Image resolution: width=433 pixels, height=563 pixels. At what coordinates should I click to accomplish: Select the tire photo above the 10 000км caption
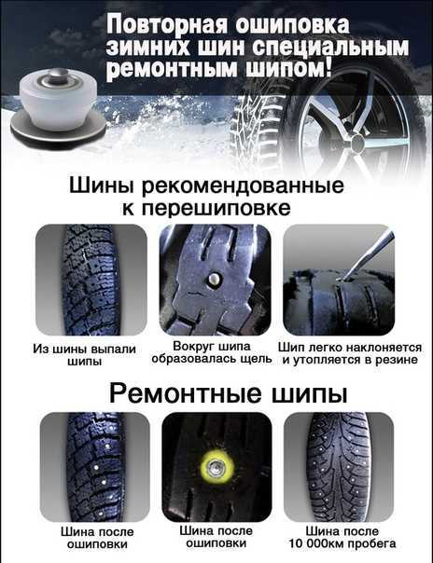(x=340, y=467)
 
